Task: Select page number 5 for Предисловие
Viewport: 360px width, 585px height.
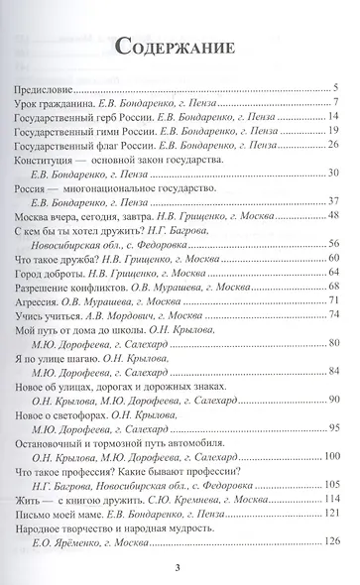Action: click(x=337, y=90)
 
